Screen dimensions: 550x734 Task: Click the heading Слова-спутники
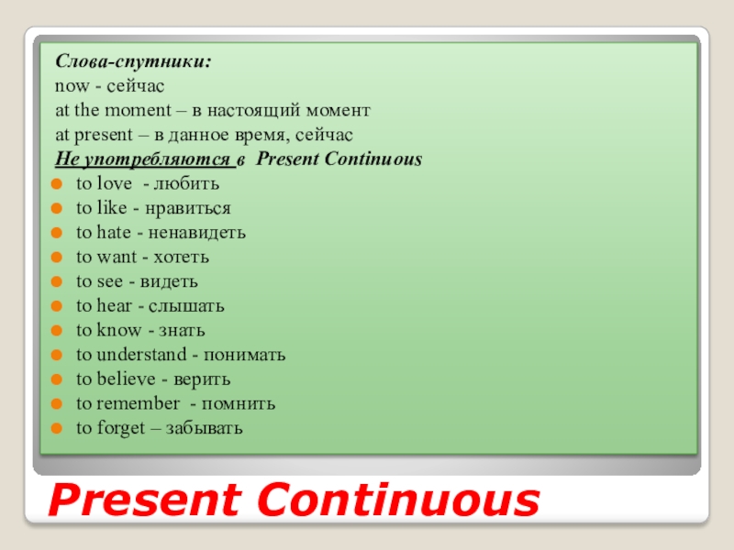(x=134, y=62)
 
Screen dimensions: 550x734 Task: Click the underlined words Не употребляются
(x=143, y=159)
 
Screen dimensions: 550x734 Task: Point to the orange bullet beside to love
(x=58, y=183)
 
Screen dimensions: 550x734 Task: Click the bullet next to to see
(x=58, y=281)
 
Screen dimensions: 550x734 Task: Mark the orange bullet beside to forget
(x=58, y=428)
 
